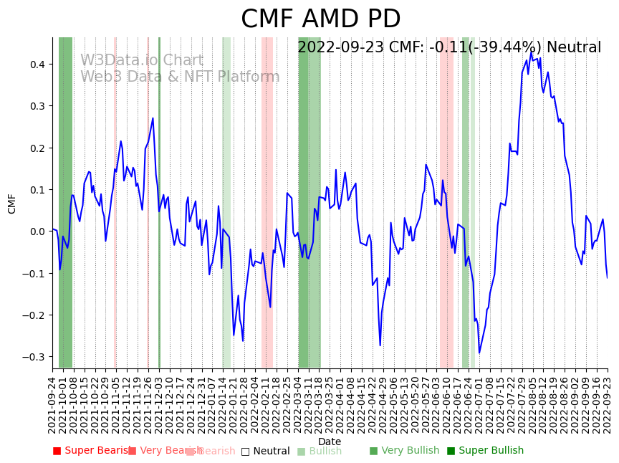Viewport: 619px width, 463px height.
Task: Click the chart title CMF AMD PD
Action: coord(320,19)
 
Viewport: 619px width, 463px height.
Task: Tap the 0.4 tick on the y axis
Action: coord(37,65)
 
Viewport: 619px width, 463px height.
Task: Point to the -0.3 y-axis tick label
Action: coord(34,357)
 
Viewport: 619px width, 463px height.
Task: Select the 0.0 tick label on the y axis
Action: coord(37,231)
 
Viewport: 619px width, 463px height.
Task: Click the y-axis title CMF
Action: coord(12,204)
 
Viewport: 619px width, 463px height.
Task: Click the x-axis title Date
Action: coord(330,441)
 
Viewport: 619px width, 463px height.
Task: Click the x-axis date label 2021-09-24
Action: coord(52,405)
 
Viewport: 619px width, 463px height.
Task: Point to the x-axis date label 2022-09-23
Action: coord(608,405)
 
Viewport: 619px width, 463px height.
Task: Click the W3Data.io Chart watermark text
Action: coord(142,61)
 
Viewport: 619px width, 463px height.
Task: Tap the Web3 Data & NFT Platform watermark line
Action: coord(180,77)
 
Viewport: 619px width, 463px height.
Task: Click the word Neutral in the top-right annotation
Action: coord(574,48)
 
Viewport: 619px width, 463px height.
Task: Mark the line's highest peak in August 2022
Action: coord(531,52)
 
